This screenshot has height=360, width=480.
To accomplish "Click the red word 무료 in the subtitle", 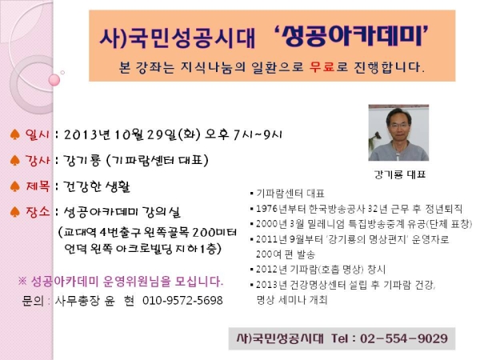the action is [322, 66].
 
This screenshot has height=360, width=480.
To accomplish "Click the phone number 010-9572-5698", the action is [182, 300].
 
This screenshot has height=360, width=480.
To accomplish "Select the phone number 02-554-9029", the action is [403, 338].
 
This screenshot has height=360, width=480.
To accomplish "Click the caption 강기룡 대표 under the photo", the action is [399, 174].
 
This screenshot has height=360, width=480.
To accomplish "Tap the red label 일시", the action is [37, 134].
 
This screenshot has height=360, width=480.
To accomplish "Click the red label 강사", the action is [37, 160].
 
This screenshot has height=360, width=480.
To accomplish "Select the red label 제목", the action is [38, 186].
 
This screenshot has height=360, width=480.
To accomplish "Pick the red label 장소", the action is [38, 211].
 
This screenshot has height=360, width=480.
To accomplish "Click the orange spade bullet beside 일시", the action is [14, 134].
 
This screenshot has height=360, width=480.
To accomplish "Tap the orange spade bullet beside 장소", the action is [14, 211].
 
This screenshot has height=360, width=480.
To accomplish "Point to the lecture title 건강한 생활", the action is [97, 186].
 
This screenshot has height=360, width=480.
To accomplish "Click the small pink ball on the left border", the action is [54, 80].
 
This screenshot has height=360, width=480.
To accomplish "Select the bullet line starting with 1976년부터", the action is [356, 209].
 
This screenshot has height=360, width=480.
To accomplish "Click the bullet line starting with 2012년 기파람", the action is [318, 270].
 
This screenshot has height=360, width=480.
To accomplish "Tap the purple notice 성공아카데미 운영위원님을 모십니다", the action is [121, 281].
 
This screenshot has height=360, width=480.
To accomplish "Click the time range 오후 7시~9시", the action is [243, 134].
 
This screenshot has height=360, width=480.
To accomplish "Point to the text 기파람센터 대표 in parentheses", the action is [158, 160].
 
